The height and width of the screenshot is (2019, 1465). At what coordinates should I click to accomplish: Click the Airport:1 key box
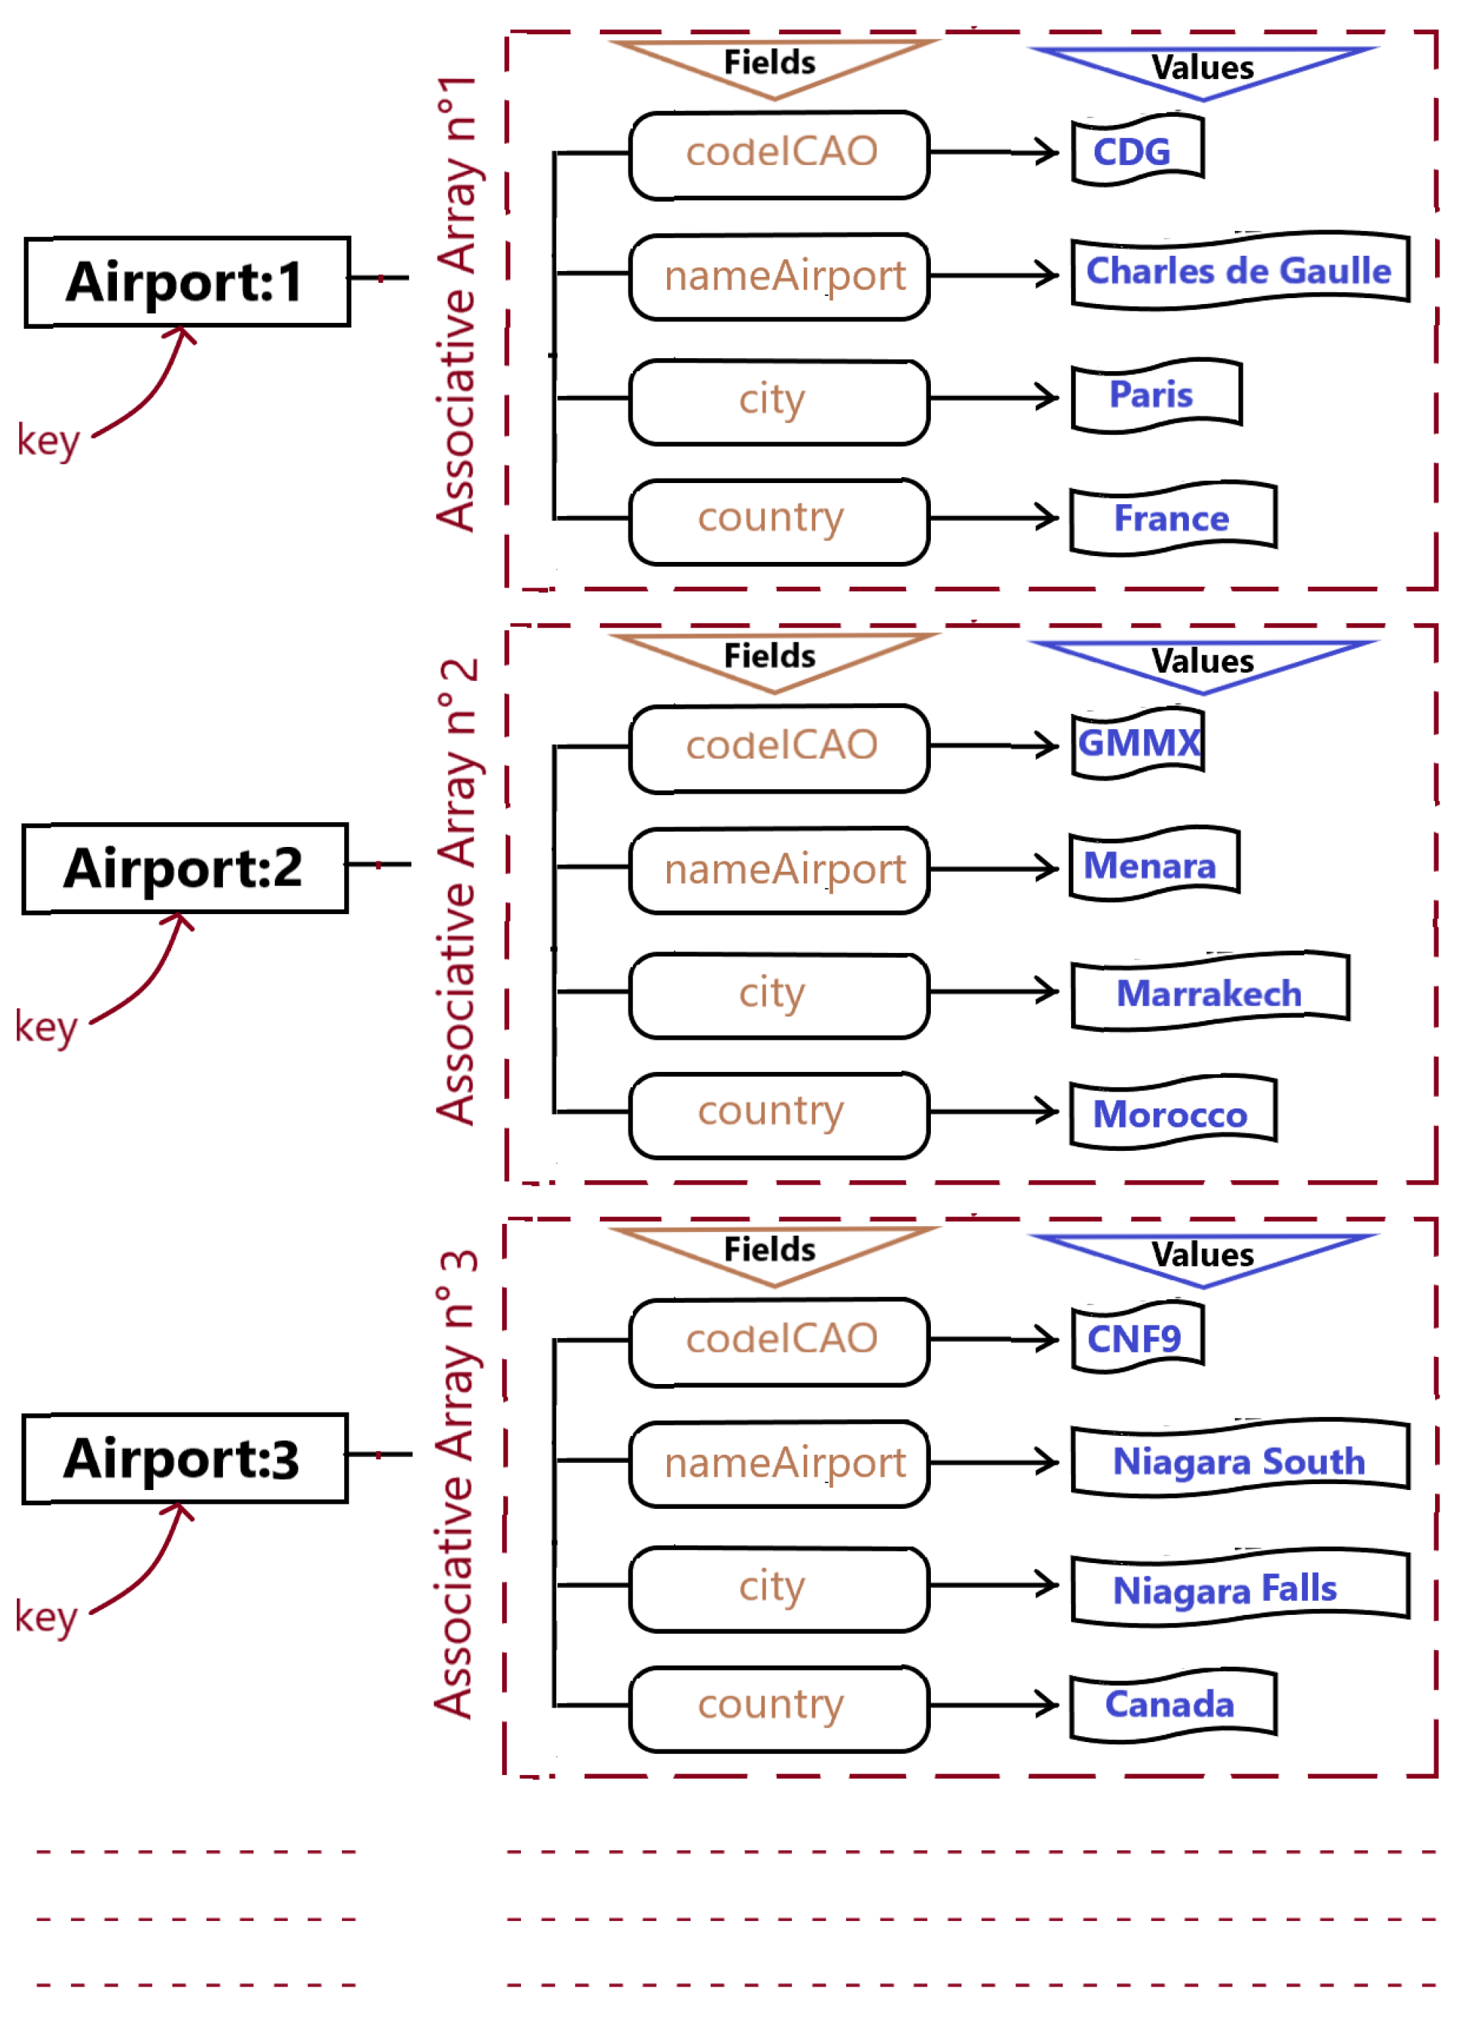(x=187, y=282)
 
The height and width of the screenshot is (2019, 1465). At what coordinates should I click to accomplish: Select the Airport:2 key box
(x=184, y=868)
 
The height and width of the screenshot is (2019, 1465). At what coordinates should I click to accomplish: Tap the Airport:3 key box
(x=184, y=1459)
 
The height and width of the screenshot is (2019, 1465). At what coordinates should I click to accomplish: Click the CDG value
(x=1137, y=151)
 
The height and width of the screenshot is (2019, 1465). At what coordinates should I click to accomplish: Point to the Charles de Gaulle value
(x=1240, y=270)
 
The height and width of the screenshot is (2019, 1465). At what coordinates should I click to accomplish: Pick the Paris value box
(x=1156, y=395)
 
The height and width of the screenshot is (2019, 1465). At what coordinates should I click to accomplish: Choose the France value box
(x=1173, y=518)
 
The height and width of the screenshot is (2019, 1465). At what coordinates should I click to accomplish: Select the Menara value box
(x=1154, y=864)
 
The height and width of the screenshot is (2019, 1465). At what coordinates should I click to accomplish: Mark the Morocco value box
(x=1173, y=1113)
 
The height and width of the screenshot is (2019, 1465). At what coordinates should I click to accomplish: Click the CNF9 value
(x=1137, y=1337)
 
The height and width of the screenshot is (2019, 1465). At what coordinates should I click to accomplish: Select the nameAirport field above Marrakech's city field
(x=779, y=870)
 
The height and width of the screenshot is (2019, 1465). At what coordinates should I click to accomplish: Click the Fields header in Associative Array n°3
(x=770, y=1250)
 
